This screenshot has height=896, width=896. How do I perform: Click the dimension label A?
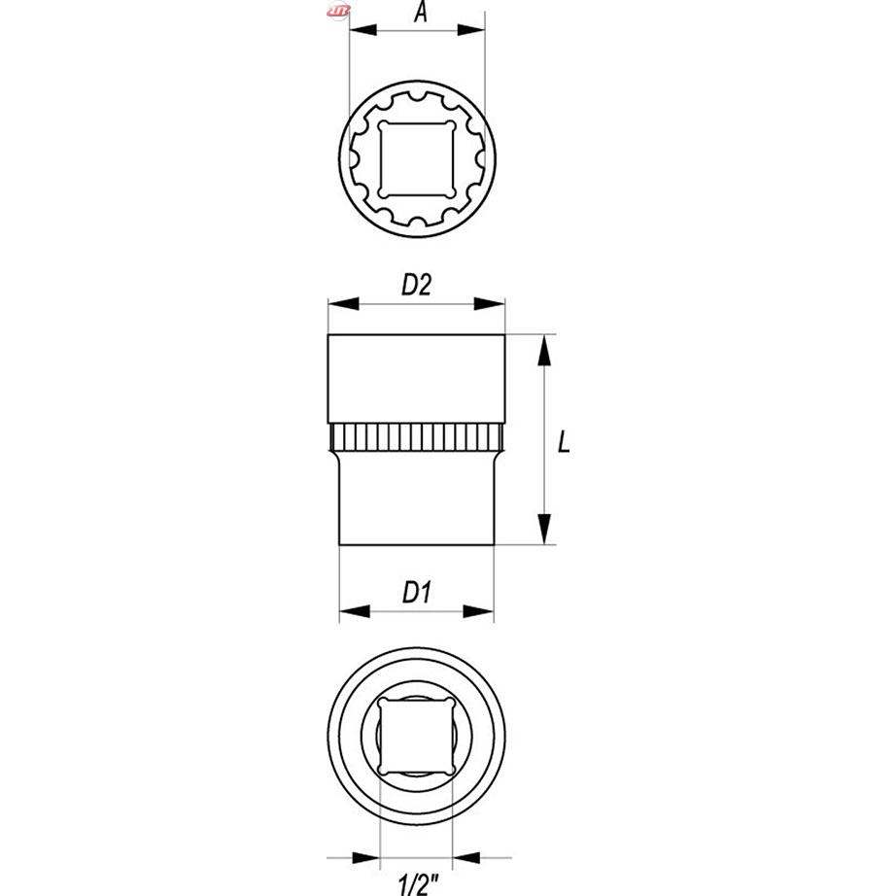(421, 12)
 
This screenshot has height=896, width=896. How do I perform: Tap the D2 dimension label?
(417, 285)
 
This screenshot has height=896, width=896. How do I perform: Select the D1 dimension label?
(417, 592)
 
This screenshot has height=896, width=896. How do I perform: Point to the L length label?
(564, 442)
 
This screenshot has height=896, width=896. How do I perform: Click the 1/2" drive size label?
(418, 884)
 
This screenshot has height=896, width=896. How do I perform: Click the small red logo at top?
(338, 11)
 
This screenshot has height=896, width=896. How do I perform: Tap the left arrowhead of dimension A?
(362, 30)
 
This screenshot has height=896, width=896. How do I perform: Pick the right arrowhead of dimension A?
(471, 30)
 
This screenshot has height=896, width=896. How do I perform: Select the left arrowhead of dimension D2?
(343, 304)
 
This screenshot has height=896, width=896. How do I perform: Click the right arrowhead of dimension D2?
(490, 304)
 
